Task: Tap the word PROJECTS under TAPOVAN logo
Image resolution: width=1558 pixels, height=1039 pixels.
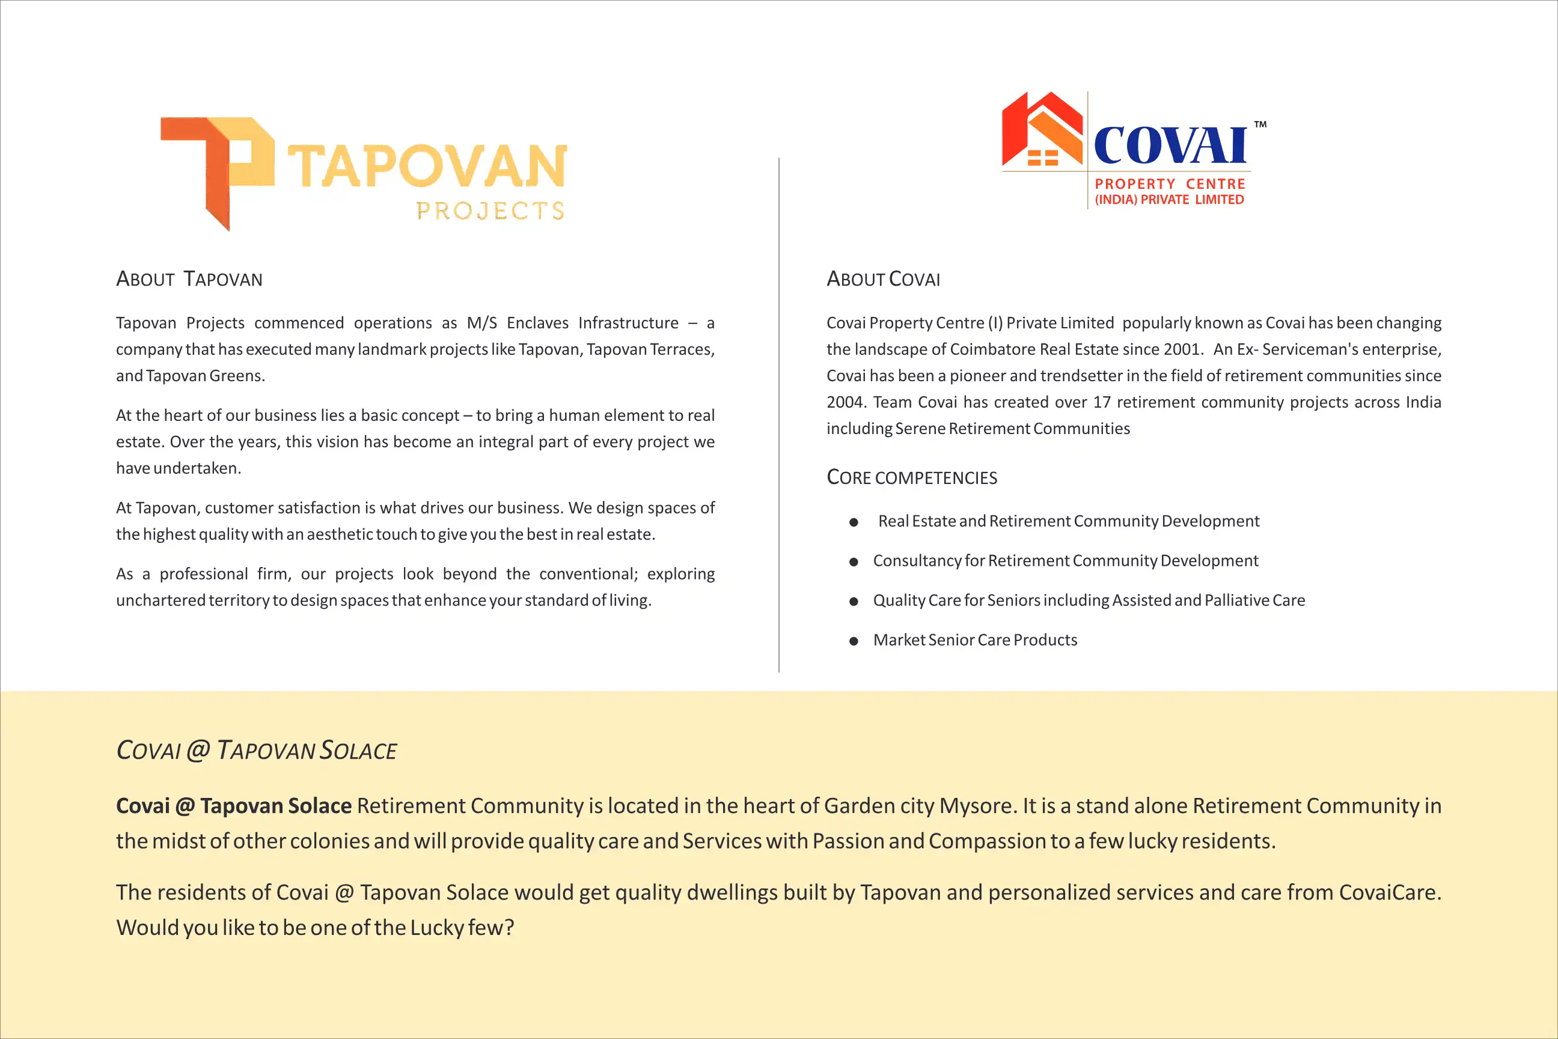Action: pyautogui.click(x=490, y=210)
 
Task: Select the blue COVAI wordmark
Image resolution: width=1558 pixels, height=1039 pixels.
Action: pyautogui.click(x=1170, y=145)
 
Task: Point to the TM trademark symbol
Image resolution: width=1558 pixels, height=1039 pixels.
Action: pyautogui.click(x=1260, y=124)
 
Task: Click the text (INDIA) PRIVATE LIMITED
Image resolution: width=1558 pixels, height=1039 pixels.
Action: pyautogui.click(x=1169, y=200)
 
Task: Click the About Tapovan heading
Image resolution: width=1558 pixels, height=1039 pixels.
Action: pyautogui.click(x=189, y=279)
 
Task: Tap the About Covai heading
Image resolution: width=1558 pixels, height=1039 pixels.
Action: pyautogui.click(x=883, y=279)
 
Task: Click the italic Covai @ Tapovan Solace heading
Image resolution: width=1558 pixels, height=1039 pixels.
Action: pyautogui.click(x=256, y=750)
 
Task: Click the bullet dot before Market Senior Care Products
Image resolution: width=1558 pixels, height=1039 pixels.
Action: pyautogui.click(x=854, y=641)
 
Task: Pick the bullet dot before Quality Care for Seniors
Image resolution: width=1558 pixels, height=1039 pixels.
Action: pyautogui.click(x=854, y=601)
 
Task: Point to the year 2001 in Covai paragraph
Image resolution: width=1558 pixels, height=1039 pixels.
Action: pyautogui.click(x=1182, y=349)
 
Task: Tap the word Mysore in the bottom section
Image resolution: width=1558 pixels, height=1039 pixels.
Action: pyautogui.click(x=976, y=806)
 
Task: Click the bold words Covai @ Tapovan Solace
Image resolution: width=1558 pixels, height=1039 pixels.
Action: pyautogui.click(x=233, y=806)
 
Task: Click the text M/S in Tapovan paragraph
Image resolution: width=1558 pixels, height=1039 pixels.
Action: pyautogui.click(x=481, y=323)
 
